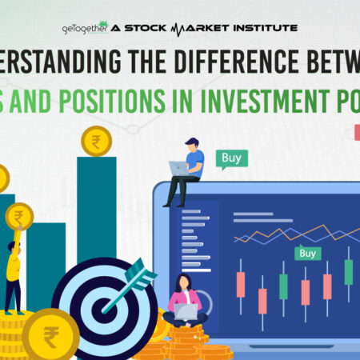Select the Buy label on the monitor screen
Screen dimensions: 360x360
(x=307, y=254)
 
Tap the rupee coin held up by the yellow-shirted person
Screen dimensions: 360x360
(x=19, y=217)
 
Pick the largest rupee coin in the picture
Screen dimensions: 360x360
(x=50, y=336)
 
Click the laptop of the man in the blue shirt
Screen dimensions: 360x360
(x=178, y=169)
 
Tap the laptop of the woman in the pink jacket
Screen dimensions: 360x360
(x=186, y=311)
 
